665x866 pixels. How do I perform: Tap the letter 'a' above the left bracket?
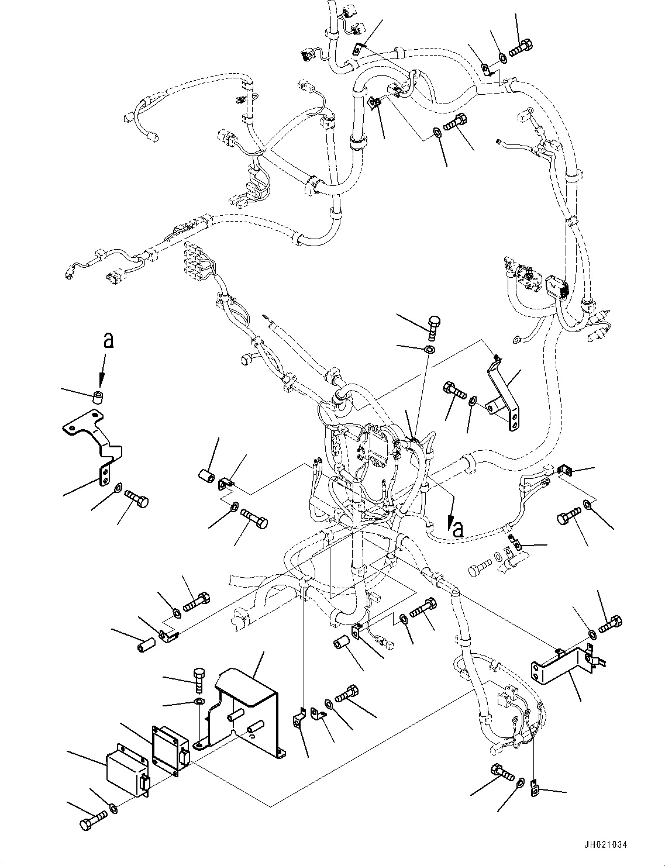[x=107, y=341]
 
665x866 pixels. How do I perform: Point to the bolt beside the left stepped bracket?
[x=137, y=501]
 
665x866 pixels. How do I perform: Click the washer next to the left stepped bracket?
[x=119, y=488]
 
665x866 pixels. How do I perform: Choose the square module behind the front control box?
[x=169, y=748]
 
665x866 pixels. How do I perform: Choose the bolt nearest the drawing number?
[x=502, y=772]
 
